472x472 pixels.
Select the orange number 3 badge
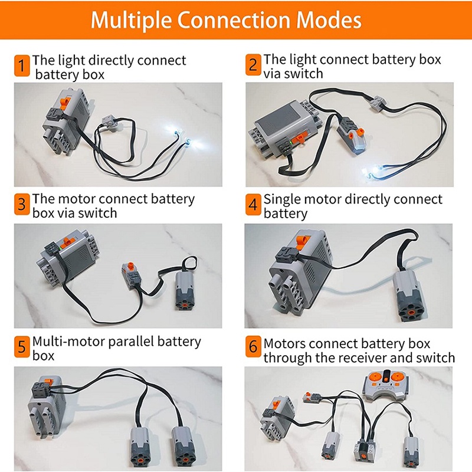point(22,205)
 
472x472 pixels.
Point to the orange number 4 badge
point(253,205)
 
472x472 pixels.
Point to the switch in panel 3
point(132,272)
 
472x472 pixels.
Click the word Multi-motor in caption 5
point(70,342)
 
